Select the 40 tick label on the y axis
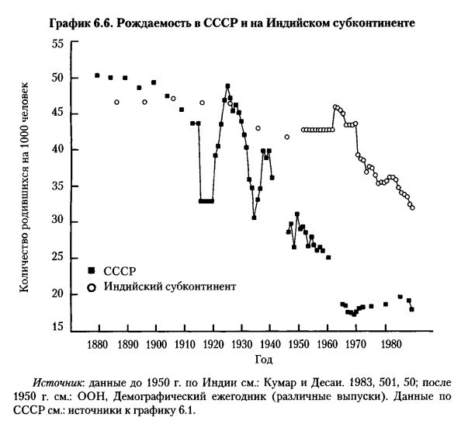click(56, 150)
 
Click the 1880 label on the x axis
click(98, 344)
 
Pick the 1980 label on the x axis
click(385, 344)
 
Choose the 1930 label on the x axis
click(241, 344)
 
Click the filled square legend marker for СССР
click(92, 270)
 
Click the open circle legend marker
click(92, 287)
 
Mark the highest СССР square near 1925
click(228, 86)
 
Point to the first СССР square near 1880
click(97, 75)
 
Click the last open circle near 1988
click(412, 207)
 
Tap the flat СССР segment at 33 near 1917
click(206, 201)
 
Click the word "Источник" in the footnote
click(57, 384)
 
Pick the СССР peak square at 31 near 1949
click(297, 214)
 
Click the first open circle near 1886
click(117, 102)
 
